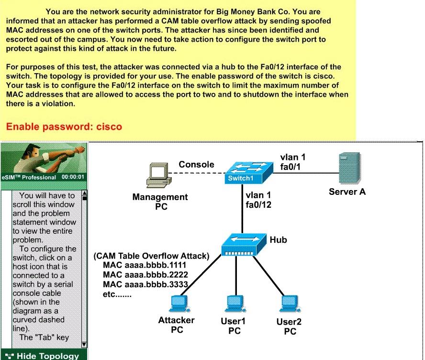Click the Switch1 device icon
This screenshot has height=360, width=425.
click(248, 173)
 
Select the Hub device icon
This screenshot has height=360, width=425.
click(244, 244)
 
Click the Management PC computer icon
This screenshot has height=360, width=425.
click(159, 175)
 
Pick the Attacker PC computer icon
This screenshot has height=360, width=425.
click(179, 304)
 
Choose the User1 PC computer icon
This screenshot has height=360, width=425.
click(235, 304)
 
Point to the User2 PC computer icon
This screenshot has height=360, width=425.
click(291, 304)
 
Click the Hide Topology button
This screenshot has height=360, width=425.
click(44, 355)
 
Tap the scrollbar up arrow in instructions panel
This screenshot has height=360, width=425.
click(84, 193)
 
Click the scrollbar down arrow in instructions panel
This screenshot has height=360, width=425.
click(84, 345)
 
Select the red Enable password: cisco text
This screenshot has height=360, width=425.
click(64, 126)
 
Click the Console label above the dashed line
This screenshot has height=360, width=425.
click(196, 164)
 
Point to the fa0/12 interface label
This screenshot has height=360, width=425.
click(258, 205)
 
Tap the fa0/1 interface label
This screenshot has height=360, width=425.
click(291, 167)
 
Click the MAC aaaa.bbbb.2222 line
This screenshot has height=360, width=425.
click(145, 275)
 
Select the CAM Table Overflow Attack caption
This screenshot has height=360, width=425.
click(151, 256)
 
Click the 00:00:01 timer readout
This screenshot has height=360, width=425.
click(73, 177)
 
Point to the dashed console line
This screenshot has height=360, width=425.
click(197, 173)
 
